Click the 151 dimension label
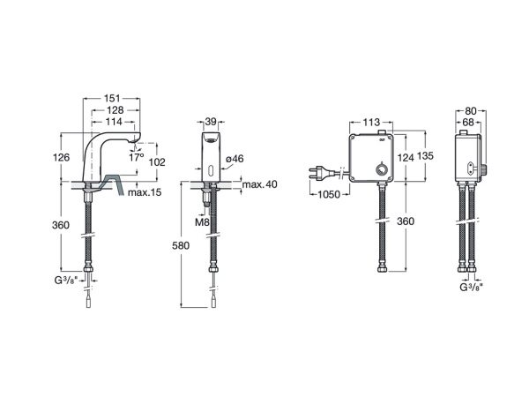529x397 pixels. pos(112,98)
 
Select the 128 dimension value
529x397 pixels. pos(115,110)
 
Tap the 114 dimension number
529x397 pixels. pos(114,122)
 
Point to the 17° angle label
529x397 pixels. pos(137,157)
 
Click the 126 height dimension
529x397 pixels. pos(61,157)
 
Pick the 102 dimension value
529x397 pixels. pos(157,162)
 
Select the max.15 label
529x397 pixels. pos(145,192)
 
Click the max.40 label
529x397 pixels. pos(260,184)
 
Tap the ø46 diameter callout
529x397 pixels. pos(235,158)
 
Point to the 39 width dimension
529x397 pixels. pos(211,122)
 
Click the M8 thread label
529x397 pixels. pos(203,222)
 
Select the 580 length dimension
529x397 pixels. pos(181,246)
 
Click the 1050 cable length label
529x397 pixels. pos(329,194)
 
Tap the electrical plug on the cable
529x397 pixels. pos(322,173)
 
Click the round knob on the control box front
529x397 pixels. pos(381,168)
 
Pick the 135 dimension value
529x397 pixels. pos(425,156)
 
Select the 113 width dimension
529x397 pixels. pos(371,122)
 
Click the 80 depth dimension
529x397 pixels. pos(471,111)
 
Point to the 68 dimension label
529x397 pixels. pos(468,122)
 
